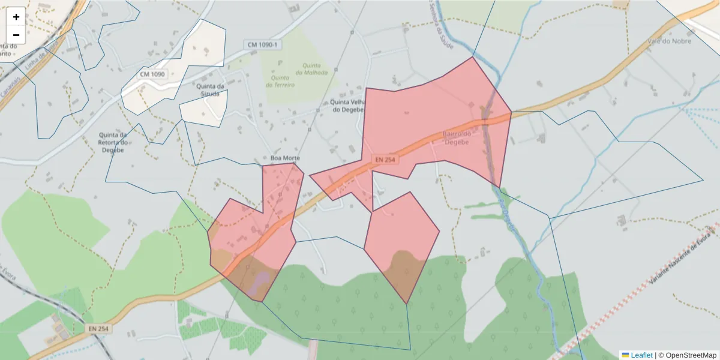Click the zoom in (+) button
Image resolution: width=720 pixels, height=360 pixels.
(16, 17)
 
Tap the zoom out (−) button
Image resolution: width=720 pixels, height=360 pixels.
(16, 35)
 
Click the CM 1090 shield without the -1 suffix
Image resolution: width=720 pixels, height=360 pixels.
(152, 74)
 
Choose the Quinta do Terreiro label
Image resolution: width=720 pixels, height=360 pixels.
(283, 81)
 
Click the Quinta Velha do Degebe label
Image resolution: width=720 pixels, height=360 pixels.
(348, 106)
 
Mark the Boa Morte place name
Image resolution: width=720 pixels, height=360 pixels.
(284, 158)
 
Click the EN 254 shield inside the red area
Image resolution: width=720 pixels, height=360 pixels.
(386, 160)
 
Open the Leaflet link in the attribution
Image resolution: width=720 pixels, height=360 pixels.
(641, 355)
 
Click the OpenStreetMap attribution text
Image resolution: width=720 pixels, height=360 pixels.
(687, 355)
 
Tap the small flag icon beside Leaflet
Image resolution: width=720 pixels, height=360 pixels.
(625, 355)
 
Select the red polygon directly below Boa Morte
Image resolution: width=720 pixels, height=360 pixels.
(258, 234)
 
